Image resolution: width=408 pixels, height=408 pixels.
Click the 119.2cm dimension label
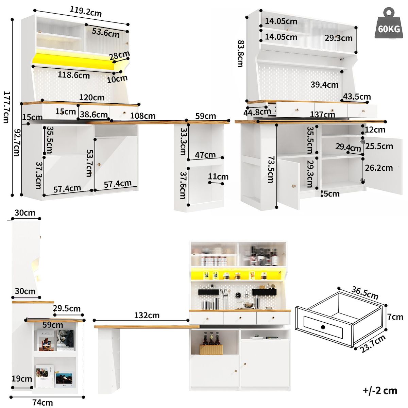[86, 12]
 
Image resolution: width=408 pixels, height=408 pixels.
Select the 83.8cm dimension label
[240, 54]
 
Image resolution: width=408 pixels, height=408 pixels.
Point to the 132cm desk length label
[147, 315]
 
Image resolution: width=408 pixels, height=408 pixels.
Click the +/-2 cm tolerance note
[380, 390]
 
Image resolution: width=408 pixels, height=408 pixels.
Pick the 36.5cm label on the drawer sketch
[365, 293]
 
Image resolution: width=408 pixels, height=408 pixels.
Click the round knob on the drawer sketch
[323, 327]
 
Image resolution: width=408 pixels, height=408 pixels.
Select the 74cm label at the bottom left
[42, 403]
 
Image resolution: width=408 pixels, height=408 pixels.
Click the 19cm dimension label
[21, 379]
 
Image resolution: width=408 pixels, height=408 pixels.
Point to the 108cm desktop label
[143, 116]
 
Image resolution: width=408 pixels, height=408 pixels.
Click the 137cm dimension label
[322, 115]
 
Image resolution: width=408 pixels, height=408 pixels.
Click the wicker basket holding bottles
[211, 349]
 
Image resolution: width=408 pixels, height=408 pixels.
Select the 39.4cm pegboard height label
[324, 85]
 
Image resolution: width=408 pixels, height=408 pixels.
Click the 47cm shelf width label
[205, 155]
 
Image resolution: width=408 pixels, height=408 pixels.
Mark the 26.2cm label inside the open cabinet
[379, 168]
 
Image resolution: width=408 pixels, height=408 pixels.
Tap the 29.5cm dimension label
[67, 308]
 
